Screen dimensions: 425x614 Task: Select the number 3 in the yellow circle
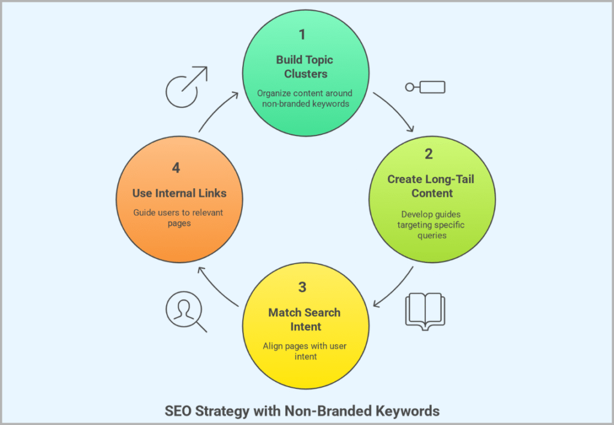[302, 287]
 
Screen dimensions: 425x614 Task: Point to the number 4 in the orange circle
[176, 168]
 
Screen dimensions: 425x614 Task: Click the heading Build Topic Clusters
[304, 67]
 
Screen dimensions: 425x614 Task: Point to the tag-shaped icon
[425, 88]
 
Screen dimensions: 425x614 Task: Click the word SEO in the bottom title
[177, 411]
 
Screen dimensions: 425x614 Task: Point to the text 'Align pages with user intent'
[304, 351]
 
